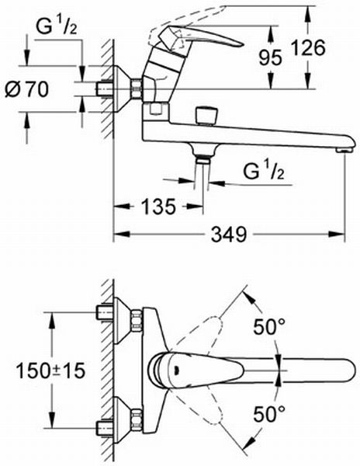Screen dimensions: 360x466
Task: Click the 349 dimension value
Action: point(229,235)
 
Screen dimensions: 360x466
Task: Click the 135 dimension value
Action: point(158,207)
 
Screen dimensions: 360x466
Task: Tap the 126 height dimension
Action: point(308,47)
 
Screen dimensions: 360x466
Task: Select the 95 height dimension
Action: point(270,57)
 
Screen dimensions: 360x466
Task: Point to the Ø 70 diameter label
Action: point(26,89)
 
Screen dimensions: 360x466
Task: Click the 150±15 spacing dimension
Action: point(50,370)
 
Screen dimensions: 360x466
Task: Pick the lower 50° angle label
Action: point(269,414)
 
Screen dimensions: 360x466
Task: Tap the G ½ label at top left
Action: point(56,26)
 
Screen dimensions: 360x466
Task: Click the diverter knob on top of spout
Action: point(206,116)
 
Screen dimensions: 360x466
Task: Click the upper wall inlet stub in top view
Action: point(105,312)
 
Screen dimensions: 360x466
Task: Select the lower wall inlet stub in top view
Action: point(105,428)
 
